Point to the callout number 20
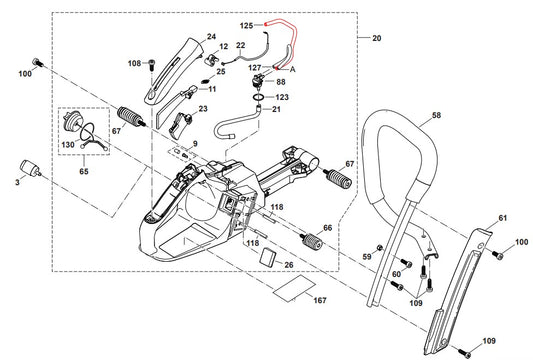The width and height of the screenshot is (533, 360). point(376,38)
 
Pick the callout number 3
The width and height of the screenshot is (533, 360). point(17,183)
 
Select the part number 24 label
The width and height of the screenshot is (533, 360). point(211,37)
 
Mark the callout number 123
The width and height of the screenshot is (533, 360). point(282,97)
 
